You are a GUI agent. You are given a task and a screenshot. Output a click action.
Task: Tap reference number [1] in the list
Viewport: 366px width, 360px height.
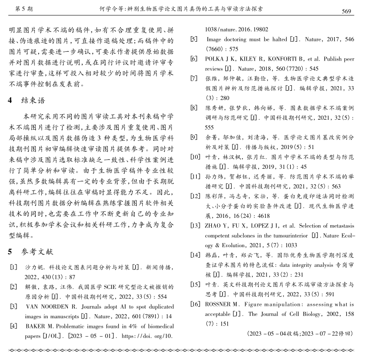click(13, 266)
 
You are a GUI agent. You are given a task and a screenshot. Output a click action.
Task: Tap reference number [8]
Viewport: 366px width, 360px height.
click(194, 108)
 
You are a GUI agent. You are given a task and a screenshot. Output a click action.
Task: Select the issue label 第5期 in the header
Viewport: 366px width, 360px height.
click(24, 9)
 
